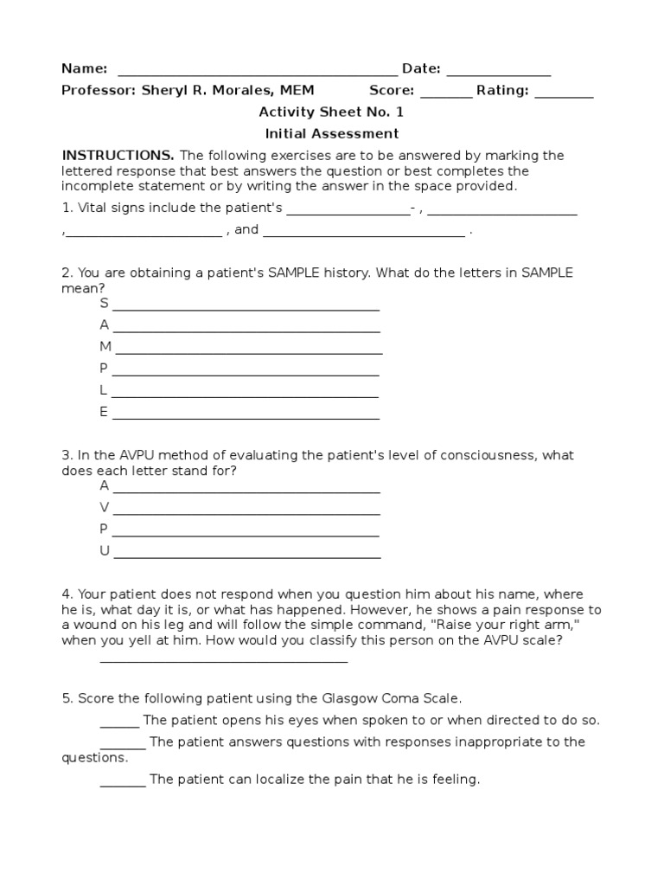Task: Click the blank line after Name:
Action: point(257,74)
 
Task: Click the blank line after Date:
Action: point(499,74)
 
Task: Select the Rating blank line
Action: point(564,95)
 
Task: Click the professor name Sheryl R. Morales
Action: point(221,90)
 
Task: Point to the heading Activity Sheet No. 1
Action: point(331,112)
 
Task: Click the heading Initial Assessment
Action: point(331,133)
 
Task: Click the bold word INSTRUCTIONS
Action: point(118,156)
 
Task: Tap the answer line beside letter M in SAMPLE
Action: point(249,352)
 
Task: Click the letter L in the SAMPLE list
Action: point(104,390)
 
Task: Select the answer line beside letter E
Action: point(246,418)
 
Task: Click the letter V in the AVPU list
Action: point(104,507)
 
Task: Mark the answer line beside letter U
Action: point(246,557)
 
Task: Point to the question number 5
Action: point(66,697)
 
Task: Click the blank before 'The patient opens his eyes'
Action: point(119,726)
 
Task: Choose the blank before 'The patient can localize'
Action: point(123,785)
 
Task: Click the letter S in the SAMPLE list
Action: point(104,303)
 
